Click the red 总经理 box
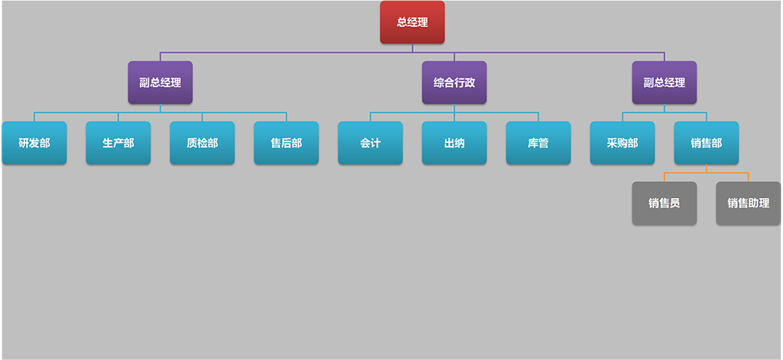(x=412, y=22)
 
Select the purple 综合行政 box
(x=454, y=83)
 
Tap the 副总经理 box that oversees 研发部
(x=160, y=83)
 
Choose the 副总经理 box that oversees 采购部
(x=664, y=83)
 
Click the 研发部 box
(x=34, y=143)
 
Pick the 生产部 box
(x=118, y=143)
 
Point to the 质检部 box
(x=202, y=143)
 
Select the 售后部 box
(x=286, y=143)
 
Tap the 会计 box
(x=370, y=143)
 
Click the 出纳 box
(x=454, y=143)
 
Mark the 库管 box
(x=538, y=143)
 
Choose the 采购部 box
(x=622, y=143)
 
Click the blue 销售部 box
(x=706, y=143)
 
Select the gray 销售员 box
(x=664, y=203)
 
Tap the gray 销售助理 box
(x=748, y=203)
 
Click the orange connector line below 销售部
(x=706, y=172)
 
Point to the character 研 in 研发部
(x=24, y=143)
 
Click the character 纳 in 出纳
(x=459, y=143)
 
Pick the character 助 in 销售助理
(x=753, y=203)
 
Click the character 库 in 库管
(x=533, y=143)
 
